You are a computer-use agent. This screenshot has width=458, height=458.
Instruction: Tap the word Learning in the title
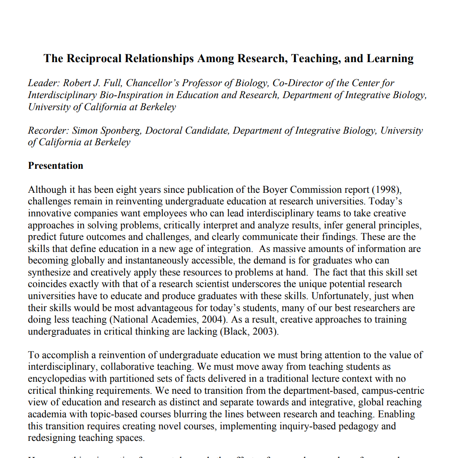390,58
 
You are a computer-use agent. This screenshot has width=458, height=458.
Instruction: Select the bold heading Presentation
56,166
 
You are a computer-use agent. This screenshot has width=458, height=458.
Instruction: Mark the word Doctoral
166,131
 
